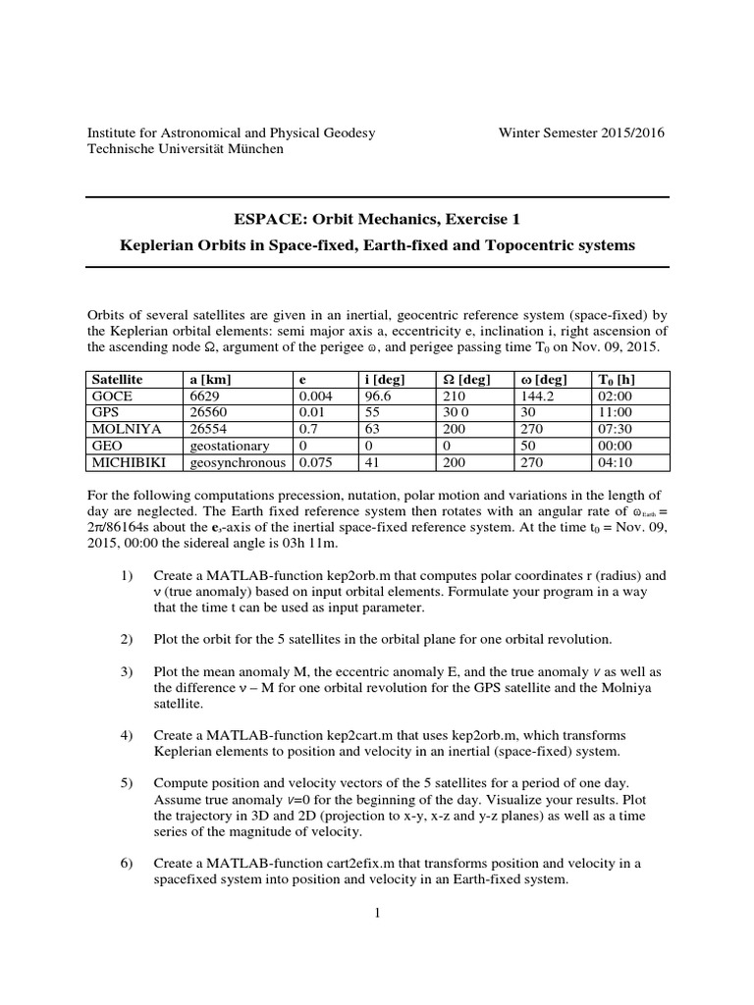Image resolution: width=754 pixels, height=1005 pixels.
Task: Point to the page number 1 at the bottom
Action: [x=377, y=913]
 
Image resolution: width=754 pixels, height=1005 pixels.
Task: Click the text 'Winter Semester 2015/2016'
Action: [x=581, y=132]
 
